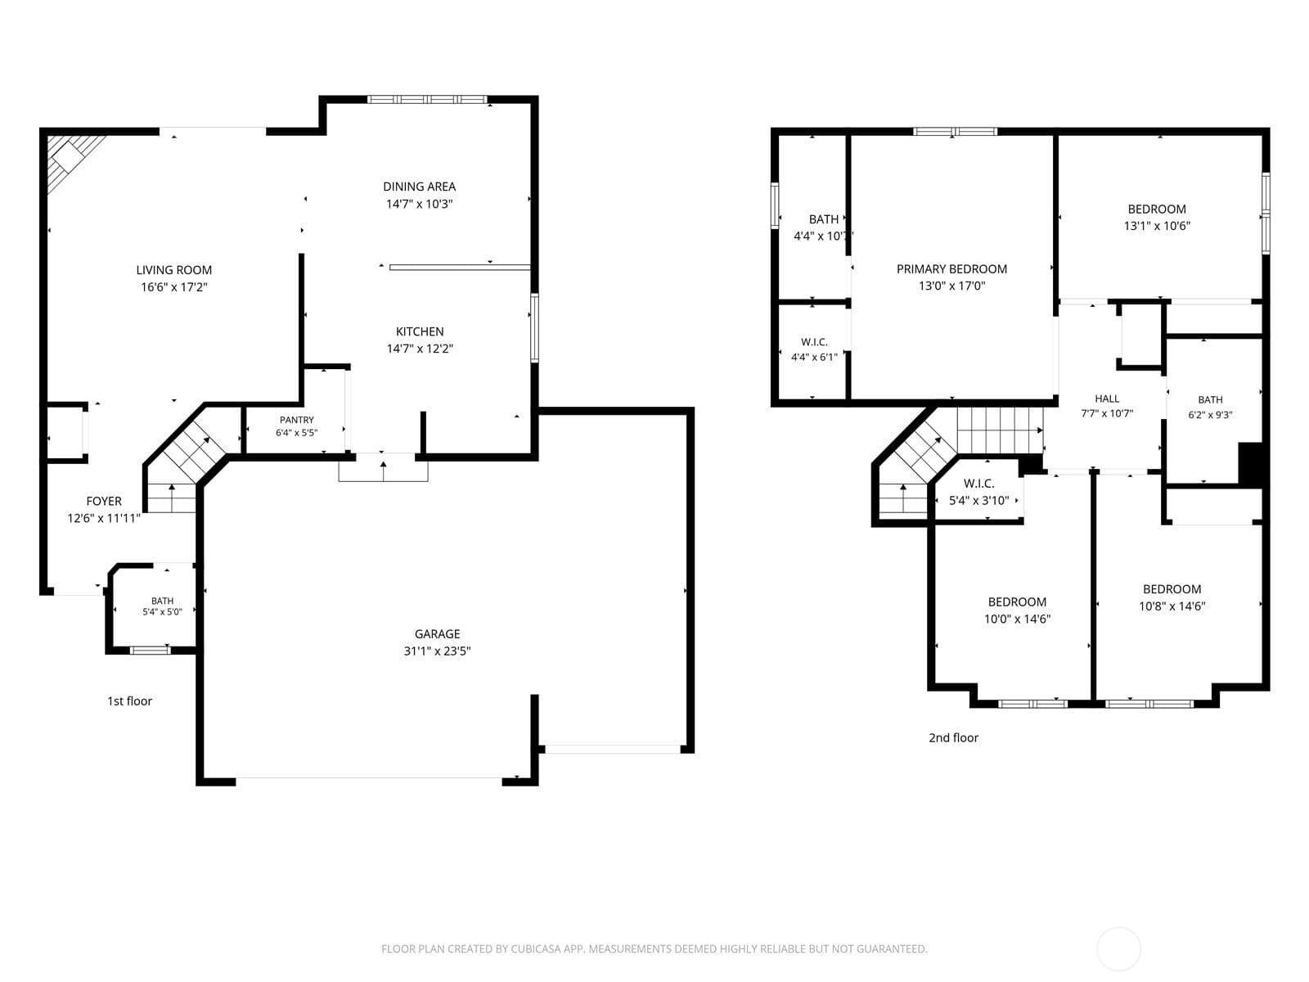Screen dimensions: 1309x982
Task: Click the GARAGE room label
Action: (437, 633)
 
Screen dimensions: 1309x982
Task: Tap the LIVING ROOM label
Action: (173, 270)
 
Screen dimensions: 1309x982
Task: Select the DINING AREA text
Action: (419, 187)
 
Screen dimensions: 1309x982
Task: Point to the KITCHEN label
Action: (420, 331)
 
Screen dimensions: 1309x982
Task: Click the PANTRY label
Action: (296, 420)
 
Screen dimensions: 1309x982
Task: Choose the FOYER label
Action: (104, 501)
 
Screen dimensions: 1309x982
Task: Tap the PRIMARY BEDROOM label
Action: (951, 269)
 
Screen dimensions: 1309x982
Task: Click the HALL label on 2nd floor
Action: (1107, 399)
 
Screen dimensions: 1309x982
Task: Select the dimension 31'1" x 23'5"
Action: (437, 651)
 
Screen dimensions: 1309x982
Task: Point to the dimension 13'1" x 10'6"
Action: (1157, 226)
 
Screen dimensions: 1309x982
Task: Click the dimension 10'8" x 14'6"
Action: (1172, 606)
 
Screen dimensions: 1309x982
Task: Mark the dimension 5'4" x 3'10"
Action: (978, 501)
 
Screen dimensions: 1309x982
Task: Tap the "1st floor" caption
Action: (129, 701)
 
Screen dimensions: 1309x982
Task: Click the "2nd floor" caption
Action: (954, 737)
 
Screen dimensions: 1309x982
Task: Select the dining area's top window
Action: (427, 100)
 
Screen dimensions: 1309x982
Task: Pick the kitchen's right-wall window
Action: (535, 328)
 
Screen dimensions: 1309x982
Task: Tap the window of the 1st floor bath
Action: (151, 650)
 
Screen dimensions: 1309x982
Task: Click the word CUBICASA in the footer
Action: (536, 948)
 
